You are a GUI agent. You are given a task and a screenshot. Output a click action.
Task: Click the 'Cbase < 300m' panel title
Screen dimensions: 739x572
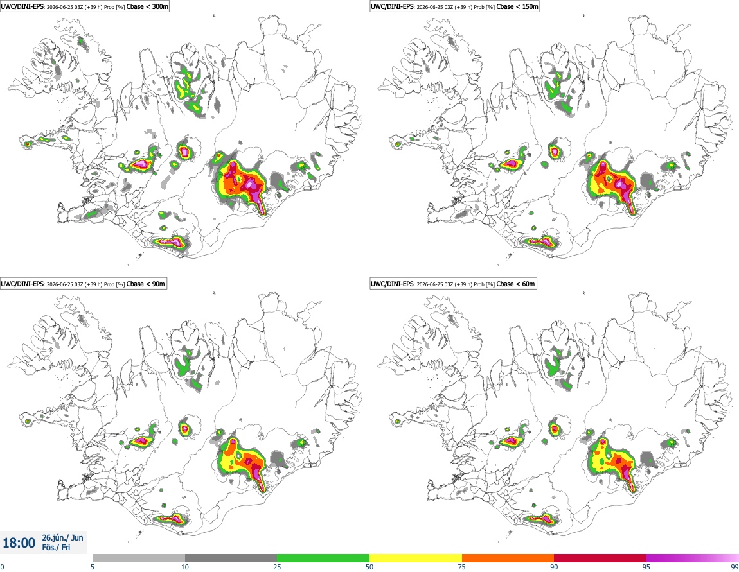point(148,6)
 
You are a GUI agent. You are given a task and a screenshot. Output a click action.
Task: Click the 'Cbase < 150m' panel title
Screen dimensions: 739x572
point(517,6)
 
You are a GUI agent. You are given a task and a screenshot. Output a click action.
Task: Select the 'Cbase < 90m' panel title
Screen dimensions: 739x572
point(146,284)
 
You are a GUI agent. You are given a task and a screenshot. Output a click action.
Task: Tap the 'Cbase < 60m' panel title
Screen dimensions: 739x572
point(515,284)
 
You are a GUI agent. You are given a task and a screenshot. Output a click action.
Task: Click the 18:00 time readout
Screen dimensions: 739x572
point(19,543)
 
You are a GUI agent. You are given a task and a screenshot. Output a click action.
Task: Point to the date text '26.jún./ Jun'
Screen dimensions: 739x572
point(63,537)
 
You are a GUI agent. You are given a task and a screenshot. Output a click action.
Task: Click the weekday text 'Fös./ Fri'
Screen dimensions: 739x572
point(56,548)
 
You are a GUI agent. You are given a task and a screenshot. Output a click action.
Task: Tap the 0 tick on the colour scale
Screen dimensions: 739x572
point(2,567)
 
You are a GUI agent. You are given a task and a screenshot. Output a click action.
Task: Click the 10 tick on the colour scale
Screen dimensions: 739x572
point(185,567)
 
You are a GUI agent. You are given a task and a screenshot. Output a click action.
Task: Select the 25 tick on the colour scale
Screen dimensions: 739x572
point(277,567)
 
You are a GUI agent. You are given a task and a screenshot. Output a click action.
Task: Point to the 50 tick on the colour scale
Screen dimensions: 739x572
point(369,567)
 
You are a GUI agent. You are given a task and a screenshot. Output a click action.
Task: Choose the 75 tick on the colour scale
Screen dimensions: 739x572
point(462,567)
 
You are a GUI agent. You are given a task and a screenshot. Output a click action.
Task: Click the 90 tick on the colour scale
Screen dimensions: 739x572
point(554,567)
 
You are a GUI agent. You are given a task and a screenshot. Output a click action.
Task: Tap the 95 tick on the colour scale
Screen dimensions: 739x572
point(646,567)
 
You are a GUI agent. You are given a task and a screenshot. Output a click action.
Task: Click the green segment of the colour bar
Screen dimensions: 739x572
point(323,559)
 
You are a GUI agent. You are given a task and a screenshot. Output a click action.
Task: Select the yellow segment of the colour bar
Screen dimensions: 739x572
point(416,559)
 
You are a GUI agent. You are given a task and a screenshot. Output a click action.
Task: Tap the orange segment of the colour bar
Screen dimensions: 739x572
point(508,559)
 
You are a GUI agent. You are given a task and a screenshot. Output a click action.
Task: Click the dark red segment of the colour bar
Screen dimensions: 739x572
point(600,559)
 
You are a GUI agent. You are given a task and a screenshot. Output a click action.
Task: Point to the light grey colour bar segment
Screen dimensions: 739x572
point(139,559)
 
